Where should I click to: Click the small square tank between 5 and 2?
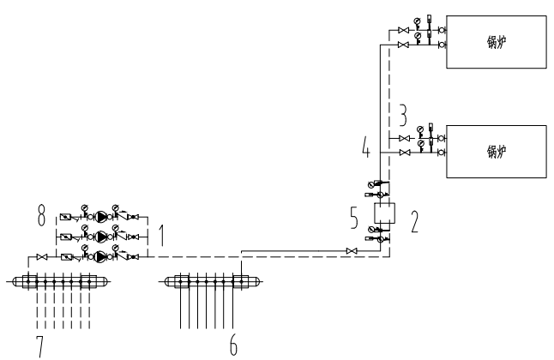click(x=382, y=213)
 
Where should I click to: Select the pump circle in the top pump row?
click(x=102, y=217)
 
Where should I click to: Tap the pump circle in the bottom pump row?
click(x=102, y=255)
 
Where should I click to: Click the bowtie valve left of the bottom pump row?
click(x=41, y=255)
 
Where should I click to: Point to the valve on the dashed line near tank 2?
click(x=349, y=250)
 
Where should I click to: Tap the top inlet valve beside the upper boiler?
click(x=403, y=30)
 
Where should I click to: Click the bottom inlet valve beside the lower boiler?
click(x=403, y=153)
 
